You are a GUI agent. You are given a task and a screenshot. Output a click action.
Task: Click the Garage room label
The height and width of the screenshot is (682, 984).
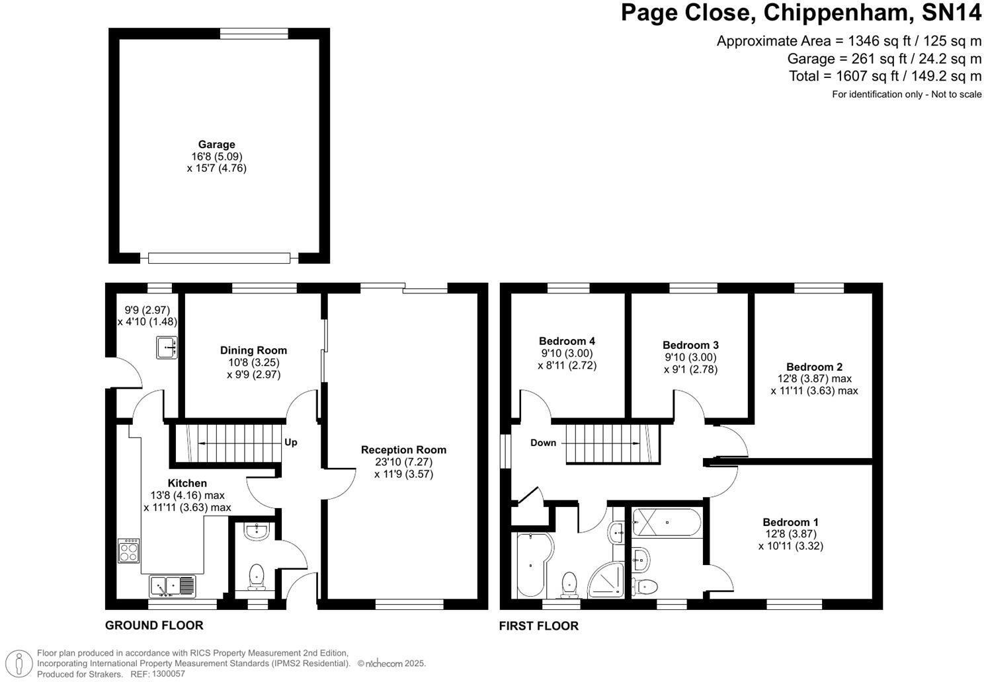tap(217, 144)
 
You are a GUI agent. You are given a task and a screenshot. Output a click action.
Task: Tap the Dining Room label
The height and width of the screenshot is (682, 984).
tap(253, 350)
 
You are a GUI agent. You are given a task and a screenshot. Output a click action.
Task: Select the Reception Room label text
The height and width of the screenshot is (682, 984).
tap(403, 450)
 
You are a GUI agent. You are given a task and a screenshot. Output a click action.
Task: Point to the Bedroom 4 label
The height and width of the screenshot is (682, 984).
tap(567, 341)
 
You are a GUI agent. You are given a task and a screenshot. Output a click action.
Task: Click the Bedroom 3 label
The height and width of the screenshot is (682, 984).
tap(690, 345)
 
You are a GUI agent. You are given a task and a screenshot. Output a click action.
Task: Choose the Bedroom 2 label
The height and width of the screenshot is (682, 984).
tap(814, 367)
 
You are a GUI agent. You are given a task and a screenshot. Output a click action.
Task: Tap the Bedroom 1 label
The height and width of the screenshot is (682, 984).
tap(790, 522)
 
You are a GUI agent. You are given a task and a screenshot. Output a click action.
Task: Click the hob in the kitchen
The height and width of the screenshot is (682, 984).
tap(129, 550)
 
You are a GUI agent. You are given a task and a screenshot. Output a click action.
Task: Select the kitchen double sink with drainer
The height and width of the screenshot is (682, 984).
tap(173, 586)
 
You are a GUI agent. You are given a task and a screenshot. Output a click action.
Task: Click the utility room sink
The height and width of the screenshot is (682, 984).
tap(167, 347)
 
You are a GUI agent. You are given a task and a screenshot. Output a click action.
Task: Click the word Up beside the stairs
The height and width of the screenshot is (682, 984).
tap(291, 442)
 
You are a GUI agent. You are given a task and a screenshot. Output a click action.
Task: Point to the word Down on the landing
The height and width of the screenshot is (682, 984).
tap(543, 443)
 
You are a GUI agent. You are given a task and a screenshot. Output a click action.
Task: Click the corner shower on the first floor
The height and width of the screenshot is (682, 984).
tap(607, 581)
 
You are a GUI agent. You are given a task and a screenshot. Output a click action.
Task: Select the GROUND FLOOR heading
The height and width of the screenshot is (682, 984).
tap(154, 625)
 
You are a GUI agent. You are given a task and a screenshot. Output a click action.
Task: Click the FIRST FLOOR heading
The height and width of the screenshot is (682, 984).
tap(538, 626)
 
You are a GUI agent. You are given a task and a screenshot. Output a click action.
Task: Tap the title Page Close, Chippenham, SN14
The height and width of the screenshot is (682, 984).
tap(801, 13)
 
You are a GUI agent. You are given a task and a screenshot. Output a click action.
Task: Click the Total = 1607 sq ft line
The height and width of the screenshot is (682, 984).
tap(885, 76)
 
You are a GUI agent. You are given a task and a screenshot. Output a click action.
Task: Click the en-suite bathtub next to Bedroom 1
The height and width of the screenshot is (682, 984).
tap(666, 523)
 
